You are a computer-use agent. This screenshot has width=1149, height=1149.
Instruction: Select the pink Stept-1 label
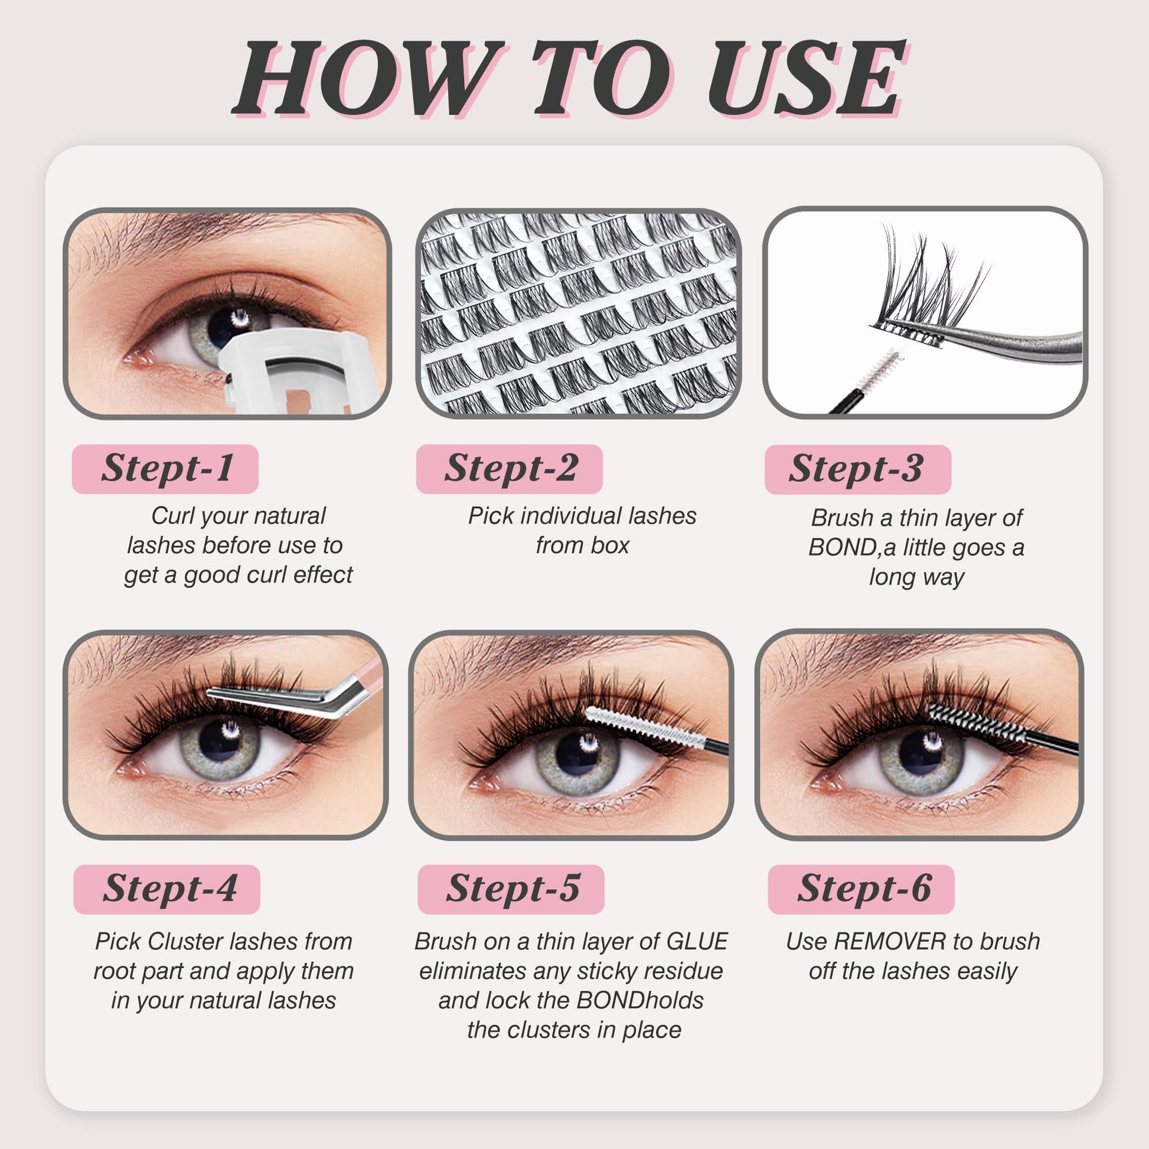pyautogui.click(x=165, y=469)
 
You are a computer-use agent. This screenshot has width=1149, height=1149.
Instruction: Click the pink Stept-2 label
pyautogui.click(x=510, y=469)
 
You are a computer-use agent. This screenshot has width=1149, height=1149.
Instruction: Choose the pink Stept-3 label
pyautogui.click(x=858, y=469)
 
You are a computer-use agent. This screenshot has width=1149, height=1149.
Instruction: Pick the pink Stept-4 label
pyautogui.click(x=167, y=889)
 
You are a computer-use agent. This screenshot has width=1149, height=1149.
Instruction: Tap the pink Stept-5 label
pyautogui.click(x=511, y=889)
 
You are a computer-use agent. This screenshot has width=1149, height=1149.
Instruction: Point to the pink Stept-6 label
pyautogui.click(x=861, y=889)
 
